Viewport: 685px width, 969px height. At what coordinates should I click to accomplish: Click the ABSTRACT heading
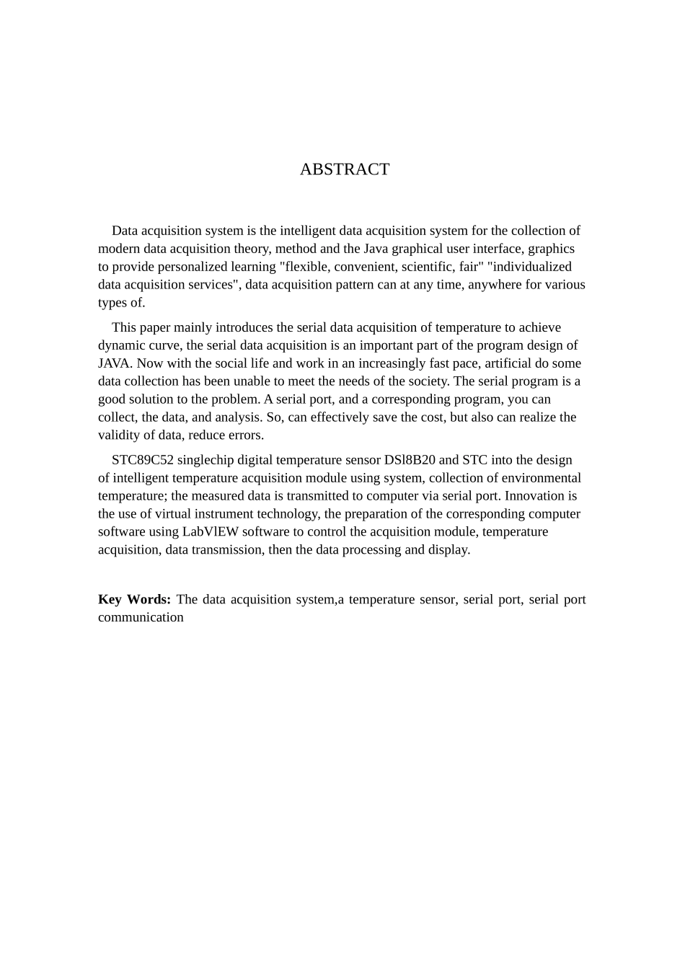pos(345,169)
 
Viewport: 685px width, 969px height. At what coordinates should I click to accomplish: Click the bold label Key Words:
pos(134,600)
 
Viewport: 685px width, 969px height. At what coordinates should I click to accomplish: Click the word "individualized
pos(529,267)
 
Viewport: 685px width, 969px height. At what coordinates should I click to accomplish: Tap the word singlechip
pos(205,460)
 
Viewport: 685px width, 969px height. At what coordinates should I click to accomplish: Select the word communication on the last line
pos(141,618)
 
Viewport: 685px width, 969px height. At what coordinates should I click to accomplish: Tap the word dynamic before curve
pos(120,345)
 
